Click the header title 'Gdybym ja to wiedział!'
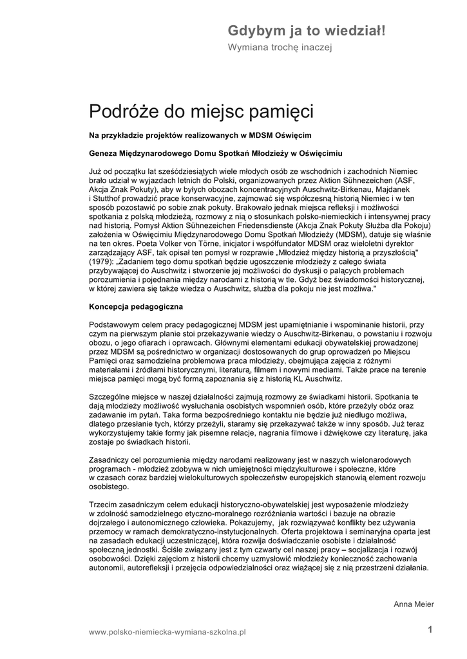[306, 30]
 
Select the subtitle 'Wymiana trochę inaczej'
[280, 47]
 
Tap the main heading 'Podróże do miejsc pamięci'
[201, 112]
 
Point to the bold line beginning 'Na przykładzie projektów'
[200, 136]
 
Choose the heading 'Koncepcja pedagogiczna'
[136, 307]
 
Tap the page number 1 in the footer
[430, 629]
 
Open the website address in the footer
[167, 633]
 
